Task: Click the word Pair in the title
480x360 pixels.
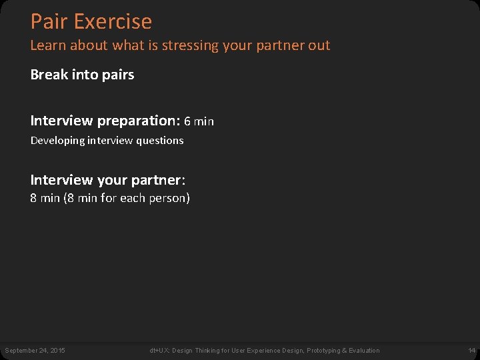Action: (x=49, y=21)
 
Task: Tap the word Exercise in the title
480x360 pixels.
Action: (x=113, y=21)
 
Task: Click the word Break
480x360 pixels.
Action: (x=49, y=75)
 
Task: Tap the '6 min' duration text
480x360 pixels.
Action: (x=199, y=121)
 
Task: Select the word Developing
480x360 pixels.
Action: (x=57, y=141)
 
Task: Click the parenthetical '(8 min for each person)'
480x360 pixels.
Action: (x=127, y=198)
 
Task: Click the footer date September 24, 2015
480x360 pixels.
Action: (x=35, y=351)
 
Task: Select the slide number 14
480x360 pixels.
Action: (x=471, y=351)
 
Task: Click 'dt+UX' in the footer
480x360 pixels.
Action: (x=159, y=351)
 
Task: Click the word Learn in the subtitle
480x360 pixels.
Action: (x=45, y=46)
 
